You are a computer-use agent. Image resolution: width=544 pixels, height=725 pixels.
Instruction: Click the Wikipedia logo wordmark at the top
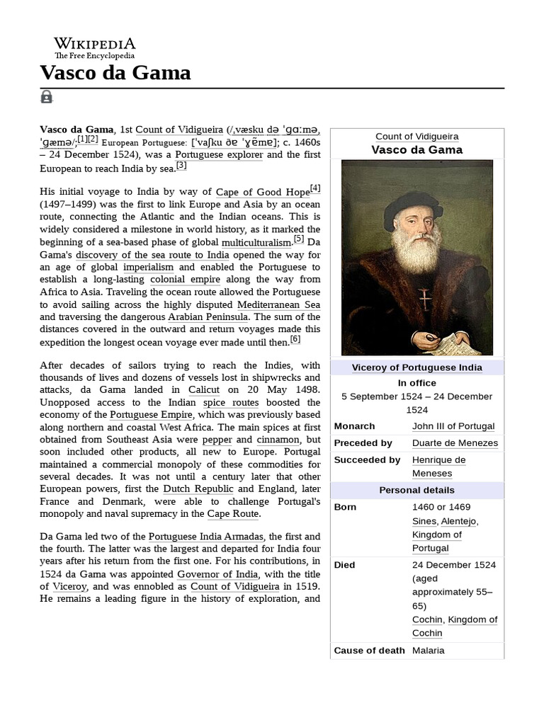(x=95, y=43)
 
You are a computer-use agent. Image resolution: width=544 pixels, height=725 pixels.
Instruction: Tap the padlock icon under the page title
(x=47, y=97)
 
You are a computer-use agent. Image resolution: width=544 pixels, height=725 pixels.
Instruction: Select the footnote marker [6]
(x=295, y=339)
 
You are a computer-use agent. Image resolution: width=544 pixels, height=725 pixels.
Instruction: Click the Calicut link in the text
(x=203, y=390)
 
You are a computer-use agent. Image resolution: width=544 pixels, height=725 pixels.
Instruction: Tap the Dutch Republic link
(x=198, y=489)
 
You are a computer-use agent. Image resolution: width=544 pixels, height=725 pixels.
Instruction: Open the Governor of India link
(x=218, y=573)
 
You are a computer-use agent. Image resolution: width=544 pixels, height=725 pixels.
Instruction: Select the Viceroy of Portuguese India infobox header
(x=417, y=367)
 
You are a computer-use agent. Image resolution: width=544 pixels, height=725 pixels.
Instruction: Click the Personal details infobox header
(x=417, y=490)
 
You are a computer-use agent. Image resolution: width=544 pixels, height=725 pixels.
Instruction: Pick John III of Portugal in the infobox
(x=453, y=426)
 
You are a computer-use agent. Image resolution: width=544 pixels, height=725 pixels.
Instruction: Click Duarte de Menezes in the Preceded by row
(x=455, y=443)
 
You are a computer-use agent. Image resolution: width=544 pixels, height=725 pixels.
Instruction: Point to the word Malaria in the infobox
(x=428, y=650)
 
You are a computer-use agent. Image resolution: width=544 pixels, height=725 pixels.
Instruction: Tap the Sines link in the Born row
(x=424, y=521)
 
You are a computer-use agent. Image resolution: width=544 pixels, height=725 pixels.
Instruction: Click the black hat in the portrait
(x=413, y=207)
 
